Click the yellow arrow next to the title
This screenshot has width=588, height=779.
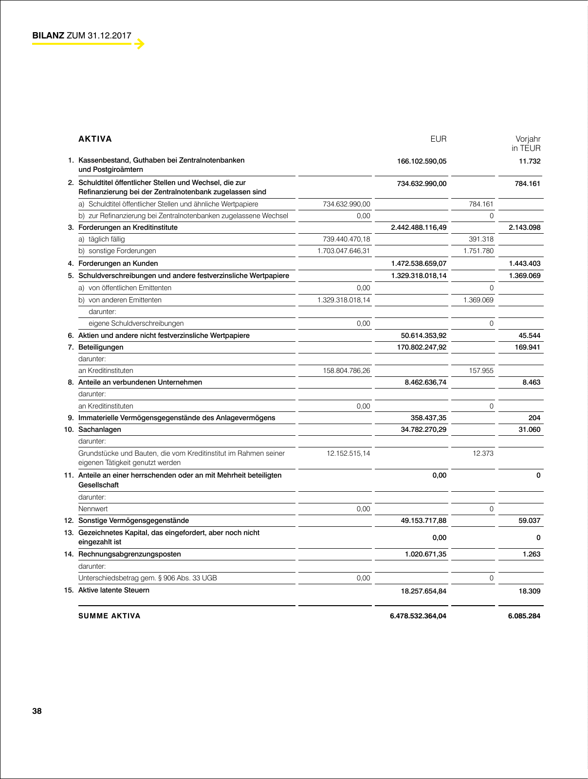pos(140,44)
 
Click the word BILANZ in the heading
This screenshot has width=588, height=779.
pos(48,36)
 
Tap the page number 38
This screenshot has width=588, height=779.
pos(37,711)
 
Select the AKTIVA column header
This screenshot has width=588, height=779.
pos(95,139)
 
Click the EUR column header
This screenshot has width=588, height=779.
pos(438,139)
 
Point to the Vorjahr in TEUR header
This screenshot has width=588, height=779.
pos(527,144)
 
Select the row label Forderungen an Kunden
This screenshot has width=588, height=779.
pos(118,263)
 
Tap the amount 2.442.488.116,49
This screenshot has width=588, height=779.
pos(419,227)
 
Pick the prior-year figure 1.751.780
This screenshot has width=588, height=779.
pos(478,251)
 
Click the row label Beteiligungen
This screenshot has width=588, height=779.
pos(101,347)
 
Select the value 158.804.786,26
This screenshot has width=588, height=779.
pos(346,371)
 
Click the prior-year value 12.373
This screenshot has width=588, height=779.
pos(483,453)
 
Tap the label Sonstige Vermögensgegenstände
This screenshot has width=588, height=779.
pos(133,520)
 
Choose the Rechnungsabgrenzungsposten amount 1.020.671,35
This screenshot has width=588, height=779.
pos(425,554)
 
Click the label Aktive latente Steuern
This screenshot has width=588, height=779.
pos(114,590)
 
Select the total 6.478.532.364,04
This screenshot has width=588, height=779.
pos(418,616)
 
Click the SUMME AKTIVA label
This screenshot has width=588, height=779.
pos(110,616)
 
